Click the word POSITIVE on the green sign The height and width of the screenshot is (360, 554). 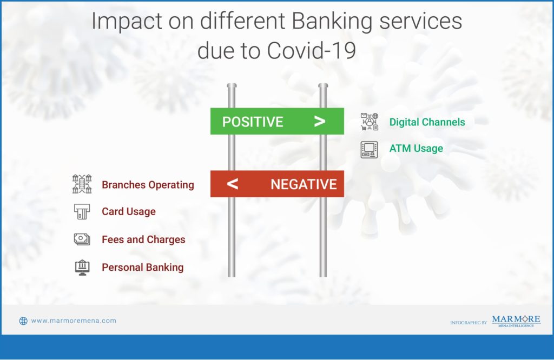click(253, 122)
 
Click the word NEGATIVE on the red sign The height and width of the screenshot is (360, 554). click(304, 184)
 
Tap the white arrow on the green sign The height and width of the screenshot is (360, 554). click(320, 122)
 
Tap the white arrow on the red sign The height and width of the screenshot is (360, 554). click(233, 184)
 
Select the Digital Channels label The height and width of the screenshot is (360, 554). click(427, 122)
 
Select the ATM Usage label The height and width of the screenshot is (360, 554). click(416, 149)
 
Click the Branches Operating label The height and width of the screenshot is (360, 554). click(148, 185)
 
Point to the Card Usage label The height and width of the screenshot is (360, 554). click(129, 211)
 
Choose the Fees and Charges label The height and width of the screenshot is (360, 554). click(143, 239)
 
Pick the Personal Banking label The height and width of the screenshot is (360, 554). click(143, 268)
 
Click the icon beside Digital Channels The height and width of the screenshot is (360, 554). click(369, 122)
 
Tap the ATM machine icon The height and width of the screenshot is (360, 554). click(369, 150)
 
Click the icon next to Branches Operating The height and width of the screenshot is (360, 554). click(82, 184)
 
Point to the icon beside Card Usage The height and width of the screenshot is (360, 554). click(82, 212)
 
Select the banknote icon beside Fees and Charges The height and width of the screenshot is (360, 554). click(82, 239)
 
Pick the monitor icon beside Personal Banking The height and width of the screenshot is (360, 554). click(82, 268)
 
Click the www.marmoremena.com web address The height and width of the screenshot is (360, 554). click(74, 321)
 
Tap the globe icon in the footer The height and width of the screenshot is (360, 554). click(23, 321)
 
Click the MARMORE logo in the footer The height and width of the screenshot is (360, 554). click(516, 321)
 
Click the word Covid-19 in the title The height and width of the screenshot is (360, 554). click(312, 51)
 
